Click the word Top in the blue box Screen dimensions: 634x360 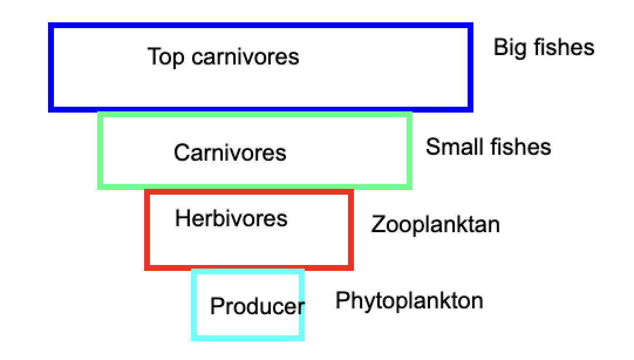click(x=166, y=57)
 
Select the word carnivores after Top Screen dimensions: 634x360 click(x=246, y=57)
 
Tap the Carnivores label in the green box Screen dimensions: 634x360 click(x=230, y=153)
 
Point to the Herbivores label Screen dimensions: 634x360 click(x=231, y=219)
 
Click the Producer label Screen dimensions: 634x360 click(x=258, y=306)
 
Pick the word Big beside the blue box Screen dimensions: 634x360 click(x=510, y=48)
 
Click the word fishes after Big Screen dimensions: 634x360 click(x=564, y=47)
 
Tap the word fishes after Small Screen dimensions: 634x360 click(x=520, y=147)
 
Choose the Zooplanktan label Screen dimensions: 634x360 click(x=435, y=225)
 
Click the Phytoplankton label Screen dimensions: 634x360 click(x=409, y=301)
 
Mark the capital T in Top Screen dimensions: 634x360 click(x=154, y=56)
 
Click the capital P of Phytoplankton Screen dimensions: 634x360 click(x=342, y=300)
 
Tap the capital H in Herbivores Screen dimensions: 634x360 click(x=182, y=218)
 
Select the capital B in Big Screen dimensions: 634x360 click(x=500, y=47)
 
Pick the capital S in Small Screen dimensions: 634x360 click(x=433, y=147)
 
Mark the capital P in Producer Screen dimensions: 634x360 click(x=217, y=306)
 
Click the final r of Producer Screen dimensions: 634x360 click(x=301, y=308)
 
